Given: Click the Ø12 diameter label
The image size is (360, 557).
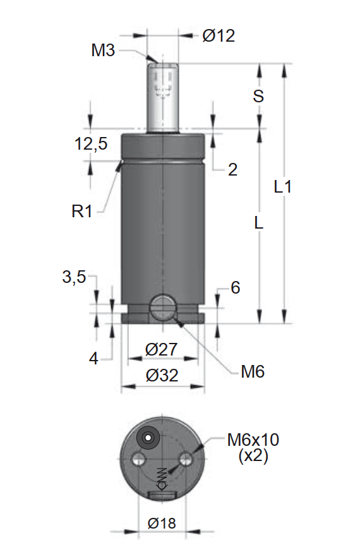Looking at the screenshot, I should pos(219,36).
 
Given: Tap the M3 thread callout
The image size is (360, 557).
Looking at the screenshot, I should pos(103,51).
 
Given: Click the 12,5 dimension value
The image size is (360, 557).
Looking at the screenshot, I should pos(91,144).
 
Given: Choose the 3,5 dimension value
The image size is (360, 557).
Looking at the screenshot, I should pos(74,277).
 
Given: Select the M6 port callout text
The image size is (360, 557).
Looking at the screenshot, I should pos(253,372).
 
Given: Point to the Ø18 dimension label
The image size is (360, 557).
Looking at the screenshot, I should pos(162,523).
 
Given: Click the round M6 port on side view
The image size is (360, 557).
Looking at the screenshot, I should pos(162,308).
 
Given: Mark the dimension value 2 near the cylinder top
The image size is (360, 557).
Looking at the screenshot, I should pos(232,169).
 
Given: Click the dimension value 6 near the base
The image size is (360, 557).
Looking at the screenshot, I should pos(235,288).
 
